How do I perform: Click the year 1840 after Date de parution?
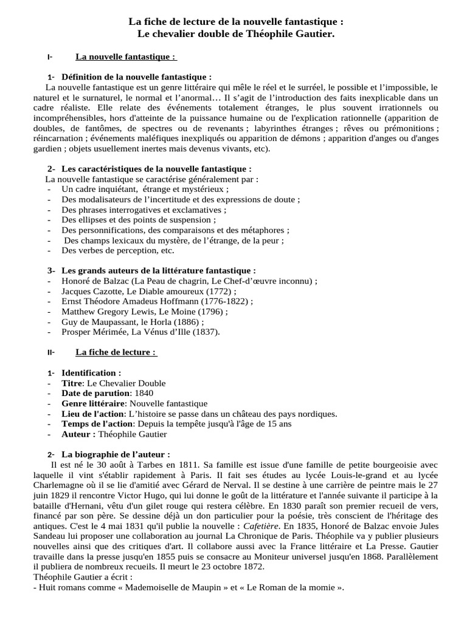pos(143,394)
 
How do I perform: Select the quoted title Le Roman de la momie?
pos(294,587)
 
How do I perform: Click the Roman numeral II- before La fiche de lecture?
pos(50,352)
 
